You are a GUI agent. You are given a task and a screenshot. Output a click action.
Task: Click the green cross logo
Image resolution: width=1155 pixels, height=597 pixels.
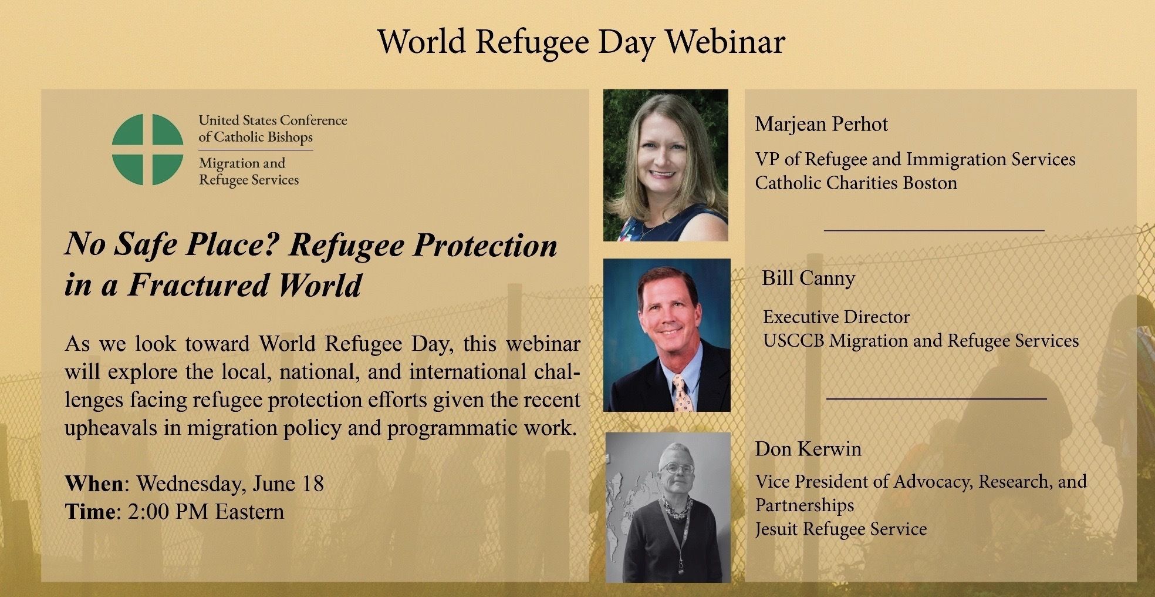[147, 149]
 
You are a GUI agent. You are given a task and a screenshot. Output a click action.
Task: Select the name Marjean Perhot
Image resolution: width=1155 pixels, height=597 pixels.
[821, 124]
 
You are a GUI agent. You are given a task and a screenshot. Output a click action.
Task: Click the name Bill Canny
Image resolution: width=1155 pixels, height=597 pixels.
[808, 278]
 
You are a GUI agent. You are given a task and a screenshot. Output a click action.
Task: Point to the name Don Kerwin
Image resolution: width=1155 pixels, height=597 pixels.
[808, 449]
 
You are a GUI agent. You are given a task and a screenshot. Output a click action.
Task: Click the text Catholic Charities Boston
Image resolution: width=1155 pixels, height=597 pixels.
[856, 183]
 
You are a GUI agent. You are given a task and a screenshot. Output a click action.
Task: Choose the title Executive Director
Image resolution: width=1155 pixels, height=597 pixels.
[836, 317]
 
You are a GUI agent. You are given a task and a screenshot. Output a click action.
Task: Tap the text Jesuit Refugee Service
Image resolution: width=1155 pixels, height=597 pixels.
[840, 529]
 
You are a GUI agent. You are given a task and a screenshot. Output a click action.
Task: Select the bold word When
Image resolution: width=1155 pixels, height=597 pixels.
[94, 484]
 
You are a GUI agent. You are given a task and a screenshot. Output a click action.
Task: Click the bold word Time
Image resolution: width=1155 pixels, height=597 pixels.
[90, 512]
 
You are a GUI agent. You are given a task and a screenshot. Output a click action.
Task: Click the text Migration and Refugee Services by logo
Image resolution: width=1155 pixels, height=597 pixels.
[249, 171]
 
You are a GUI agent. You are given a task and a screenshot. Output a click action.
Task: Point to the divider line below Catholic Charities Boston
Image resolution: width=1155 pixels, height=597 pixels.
[934, 230]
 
